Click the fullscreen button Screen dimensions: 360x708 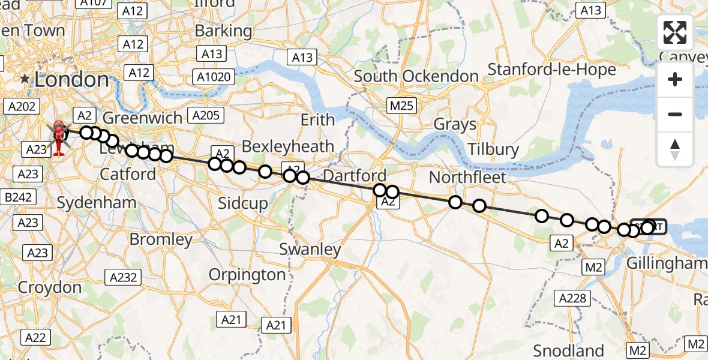pyautogui.click(x=675, y=32)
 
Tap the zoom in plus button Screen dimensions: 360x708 pyautogui.click(x=675, y=80)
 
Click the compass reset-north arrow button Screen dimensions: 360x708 pyautogui.click(x=675, y=149)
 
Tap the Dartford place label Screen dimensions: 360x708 pyautogui.click(x=355, y=176)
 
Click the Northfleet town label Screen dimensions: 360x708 pyautogui.click(x=468, y=178)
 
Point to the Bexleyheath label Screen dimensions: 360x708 pyautogui.click(x=287, y=146)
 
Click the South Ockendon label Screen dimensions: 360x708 pyautogui.click(x=416, y=77)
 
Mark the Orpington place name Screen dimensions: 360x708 pyautogui.click(x=247, y=275)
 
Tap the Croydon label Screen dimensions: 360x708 pyautogui.click(x=50, y=287)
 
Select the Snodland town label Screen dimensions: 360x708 pyautogui.click(x=568, y=350)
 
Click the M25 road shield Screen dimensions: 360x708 pyautogui.click(x=401, y=106)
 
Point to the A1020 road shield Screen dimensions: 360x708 pyautogui.click(x=213, y=76)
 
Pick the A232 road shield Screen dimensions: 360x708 pyautogui.click(x=123, y=277)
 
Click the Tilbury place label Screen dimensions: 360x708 pyautogui.click(x=494, y=149)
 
